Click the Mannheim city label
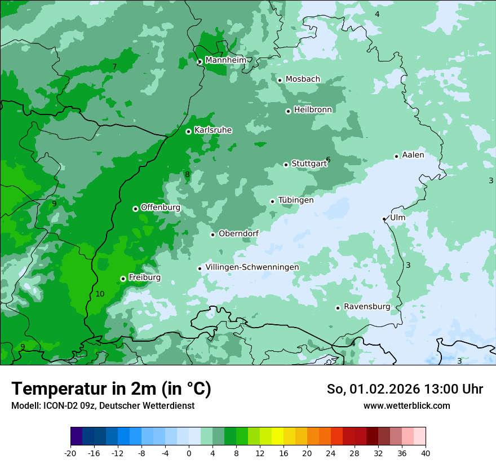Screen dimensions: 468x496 tap(225, 60)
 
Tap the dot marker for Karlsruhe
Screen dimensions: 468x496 tap(188, 131)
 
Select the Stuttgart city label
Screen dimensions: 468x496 tap(308, 164)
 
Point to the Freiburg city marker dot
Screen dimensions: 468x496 tap(123, 279)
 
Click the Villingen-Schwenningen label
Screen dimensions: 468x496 tap(252, 267)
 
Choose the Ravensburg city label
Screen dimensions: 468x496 tap(366, 307)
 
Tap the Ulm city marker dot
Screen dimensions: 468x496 tap(384, 219)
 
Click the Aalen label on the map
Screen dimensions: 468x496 tap(413, 155)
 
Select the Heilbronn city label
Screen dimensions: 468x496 tap(313, 110)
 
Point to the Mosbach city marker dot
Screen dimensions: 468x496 tap(280, 80)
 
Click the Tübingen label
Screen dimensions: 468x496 tap(295, 200)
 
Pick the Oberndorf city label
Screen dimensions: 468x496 tap(238, 233)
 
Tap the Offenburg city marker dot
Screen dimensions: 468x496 tap(135, 209)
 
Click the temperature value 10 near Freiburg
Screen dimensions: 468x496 tap(100, 294)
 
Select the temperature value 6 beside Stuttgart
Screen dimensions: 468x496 tap(328, 160)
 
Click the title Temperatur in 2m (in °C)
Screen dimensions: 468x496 tap(111, 388)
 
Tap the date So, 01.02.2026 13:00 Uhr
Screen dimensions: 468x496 tap(405, 389)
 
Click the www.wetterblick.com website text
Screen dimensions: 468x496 tap(406, 405)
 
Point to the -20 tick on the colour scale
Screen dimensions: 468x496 tap(70, 453)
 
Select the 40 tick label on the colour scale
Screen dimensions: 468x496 tap(426, 453)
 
